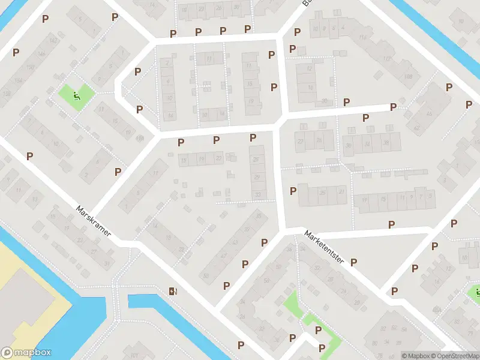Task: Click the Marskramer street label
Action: pyautogui.click(x=93, y=221)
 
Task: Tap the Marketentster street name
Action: pyautogui.click(x=323, y=248)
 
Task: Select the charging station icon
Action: pyautogui.click(x=173, y=292)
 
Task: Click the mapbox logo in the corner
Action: pyautogui.click(x=26, y=353)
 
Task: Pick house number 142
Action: pyautogui.click(x=54, y=40)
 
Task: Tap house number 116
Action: pyautogui.click(x=362, y=37)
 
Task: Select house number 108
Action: pyautogui.click(x=409, y=76)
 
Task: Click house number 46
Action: pyautogui.click(x=428, y=113)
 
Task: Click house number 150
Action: pyautogui.click(x=30, y=67)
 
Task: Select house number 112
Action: pyautogui.click(x=386, y=59)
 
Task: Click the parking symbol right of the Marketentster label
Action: pyautogui.click(x=354, y=262)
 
